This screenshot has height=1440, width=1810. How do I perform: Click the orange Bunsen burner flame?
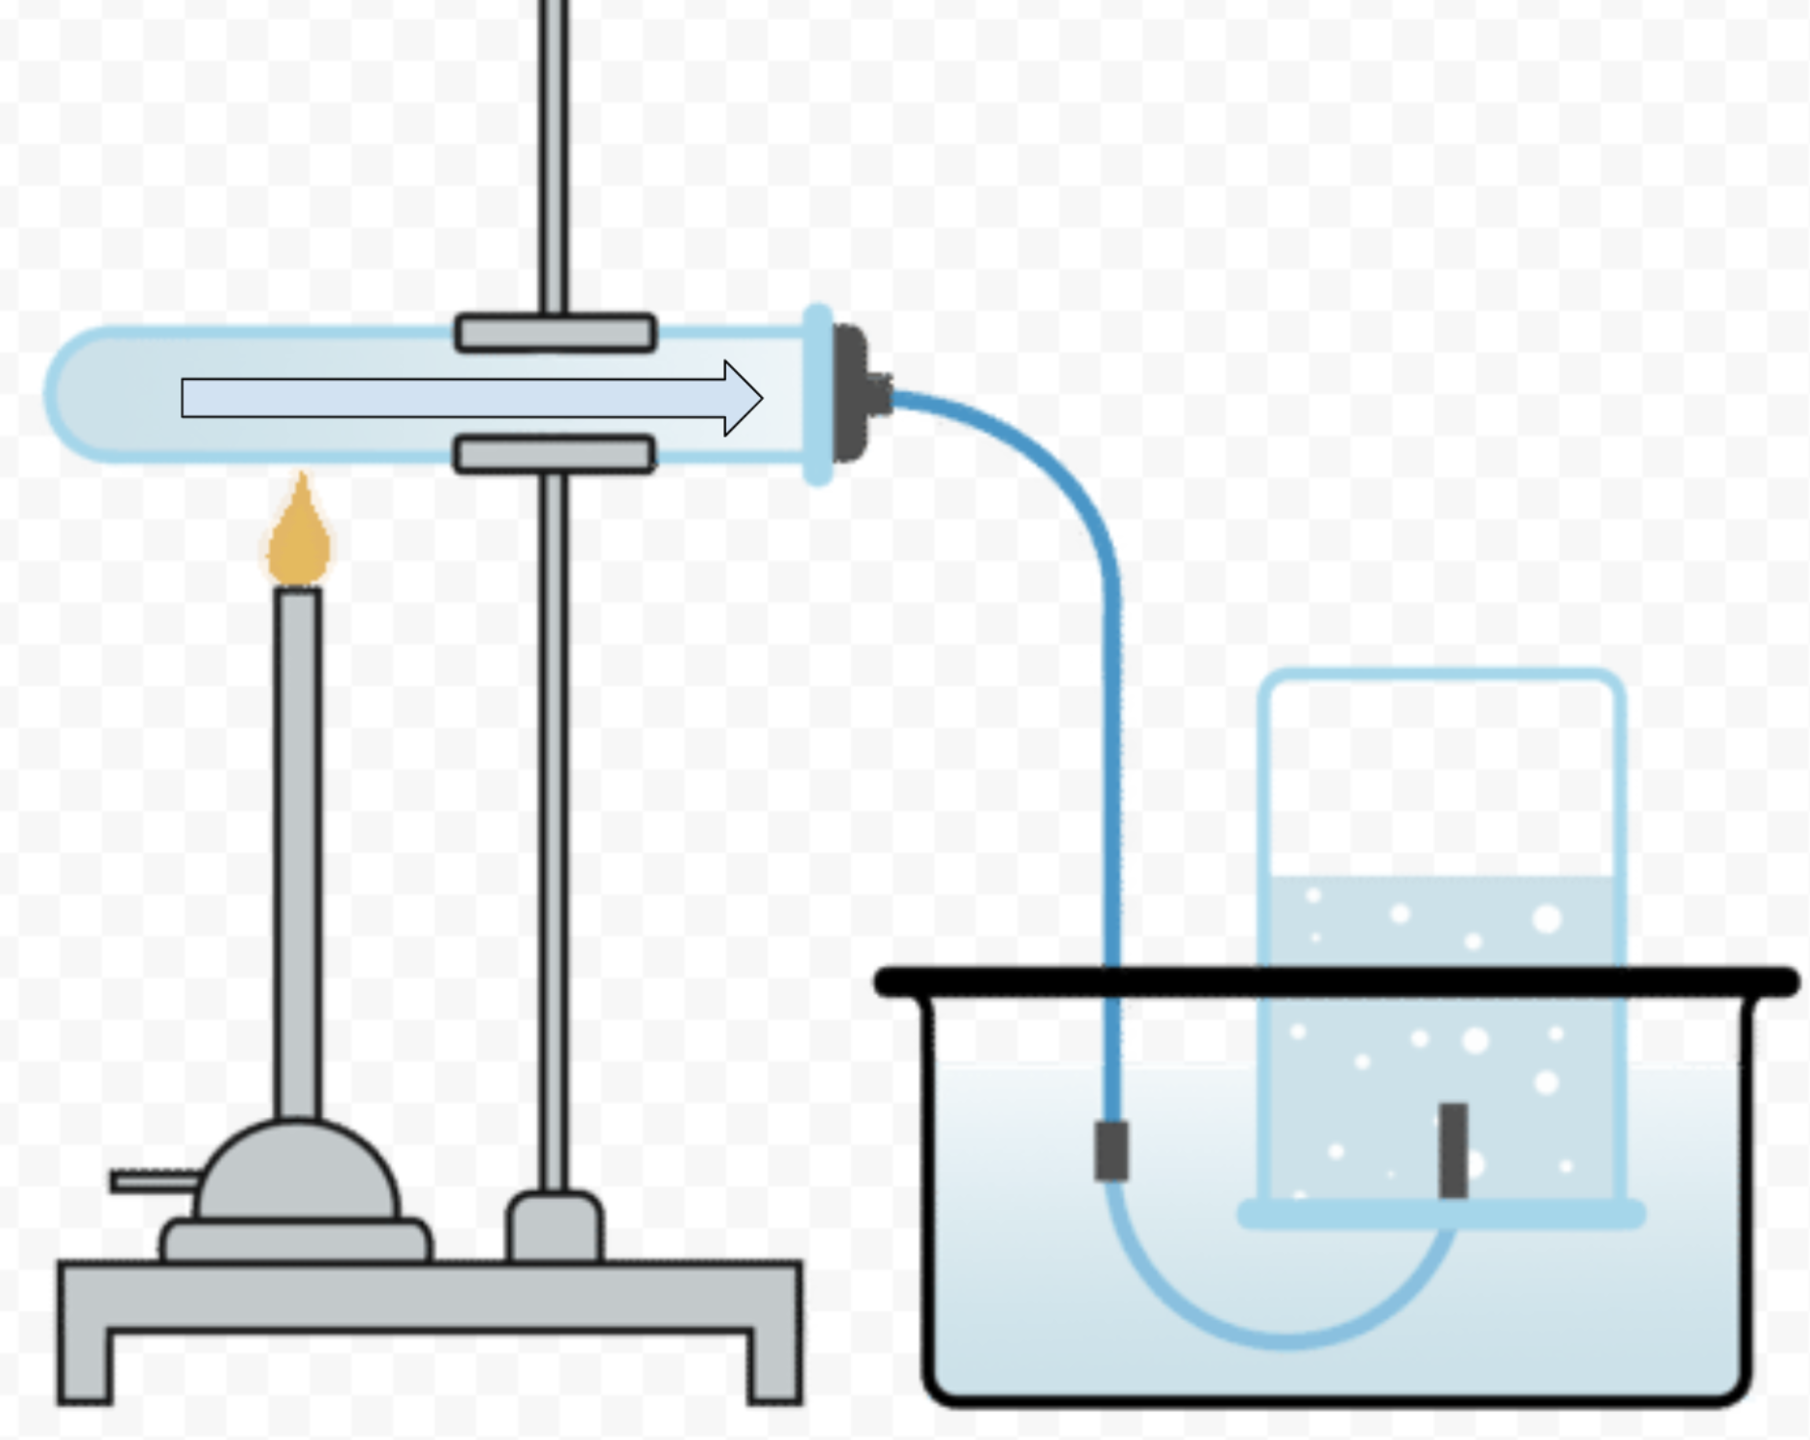tap(300, 538)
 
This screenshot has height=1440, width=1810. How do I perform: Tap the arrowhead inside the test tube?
tap(743, 398)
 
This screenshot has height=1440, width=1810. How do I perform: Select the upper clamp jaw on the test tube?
tap(555, 333)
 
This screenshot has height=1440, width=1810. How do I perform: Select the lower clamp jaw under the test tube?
tap(555, 454)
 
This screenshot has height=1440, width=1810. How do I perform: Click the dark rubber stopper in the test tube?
tap(850, 394)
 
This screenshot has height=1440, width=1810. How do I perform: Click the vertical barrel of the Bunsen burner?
tap(297, 846)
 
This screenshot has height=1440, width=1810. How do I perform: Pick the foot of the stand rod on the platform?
tap(554, 1226)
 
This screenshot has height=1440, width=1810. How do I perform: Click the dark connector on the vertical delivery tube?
tap(1111, 1151)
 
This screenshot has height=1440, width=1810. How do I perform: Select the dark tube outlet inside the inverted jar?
tap(1453, 1150)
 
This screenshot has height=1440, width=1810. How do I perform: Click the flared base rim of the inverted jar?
tap(1441, 1215)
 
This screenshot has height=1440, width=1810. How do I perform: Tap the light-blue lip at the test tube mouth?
tap(818, 395)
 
